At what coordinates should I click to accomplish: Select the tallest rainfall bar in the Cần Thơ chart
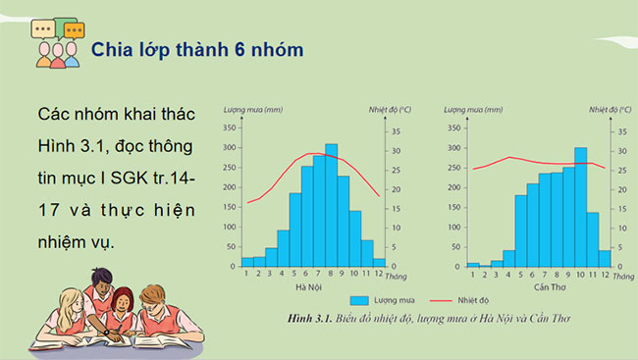580,206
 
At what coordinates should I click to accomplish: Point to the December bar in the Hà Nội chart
378,261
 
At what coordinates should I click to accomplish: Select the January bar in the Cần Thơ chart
472,264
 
